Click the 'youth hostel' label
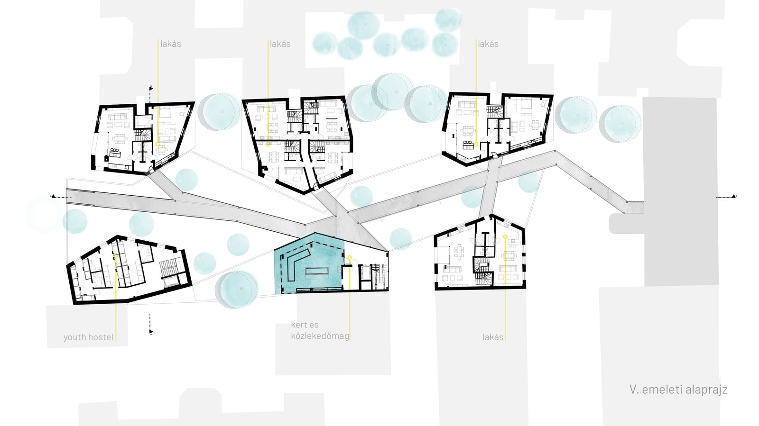pyautogui.click(x=88, y=337)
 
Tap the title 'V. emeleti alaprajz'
pyautogui.click(x=678, y=390)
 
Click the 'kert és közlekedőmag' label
pyautogui.click(x=320, y=331)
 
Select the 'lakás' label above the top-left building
pyautogui.click(x=170, y=44)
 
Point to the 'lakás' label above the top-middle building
pyautogui.click(x=280, y=44)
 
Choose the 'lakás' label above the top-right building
pyautogui.click(x=488, y=44)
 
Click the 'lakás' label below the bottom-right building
pyautogui.click(x=493, y=337)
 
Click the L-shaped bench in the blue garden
pyautogui.click(x=295, y=264)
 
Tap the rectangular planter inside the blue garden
pyautogui.click(x=317, y=271)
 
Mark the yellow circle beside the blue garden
pyautogui.click(x=350, y=258)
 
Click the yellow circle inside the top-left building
pyautogui.click(x=158, y=145)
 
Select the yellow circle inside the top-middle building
pyautogui.click(x=268, y=145)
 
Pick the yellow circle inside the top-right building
pyautogui.click(x=476, y=145)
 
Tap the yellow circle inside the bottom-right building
pyautogui.click(x=505, y=236)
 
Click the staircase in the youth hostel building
pyautogui.click(x=168, y=268)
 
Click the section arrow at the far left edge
pyautogui.click(x=53, y=196)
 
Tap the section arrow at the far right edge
pyautogui.click(x=733, y=196)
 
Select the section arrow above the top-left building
pyautogui.click(x=151, y=88)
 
